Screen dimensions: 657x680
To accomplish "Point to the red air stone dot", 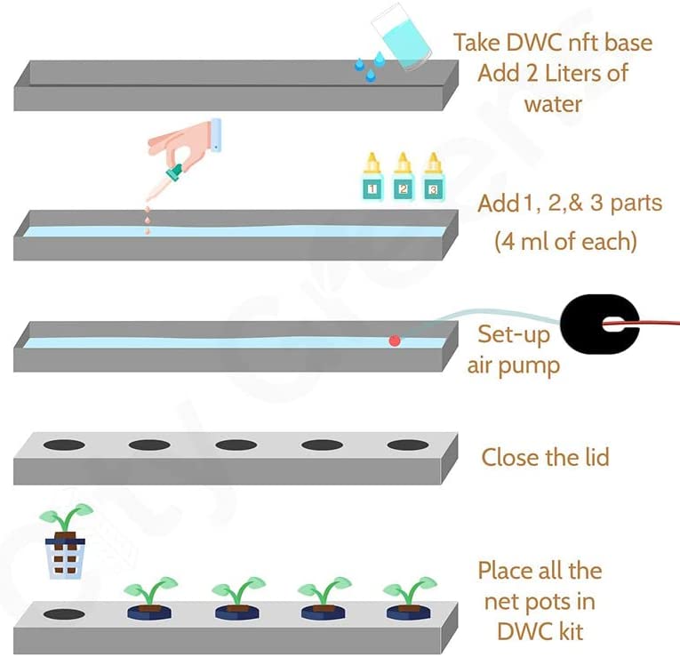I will pyautogui.click(x=395, y=341).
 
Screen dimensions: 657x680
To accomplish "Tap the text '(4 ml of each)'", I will pyautogui.click(x=565, y=240).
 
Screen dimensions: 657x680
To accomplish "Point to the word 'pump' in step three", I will pyautogui.click(x=527, y=365).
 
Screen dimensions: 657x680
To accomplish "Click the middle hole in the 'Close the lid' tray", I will pyautogui.click(x=236, y=445).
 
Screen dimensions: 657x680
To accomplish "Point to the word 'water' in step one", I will pyautogui.click(x=553, y=104).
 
